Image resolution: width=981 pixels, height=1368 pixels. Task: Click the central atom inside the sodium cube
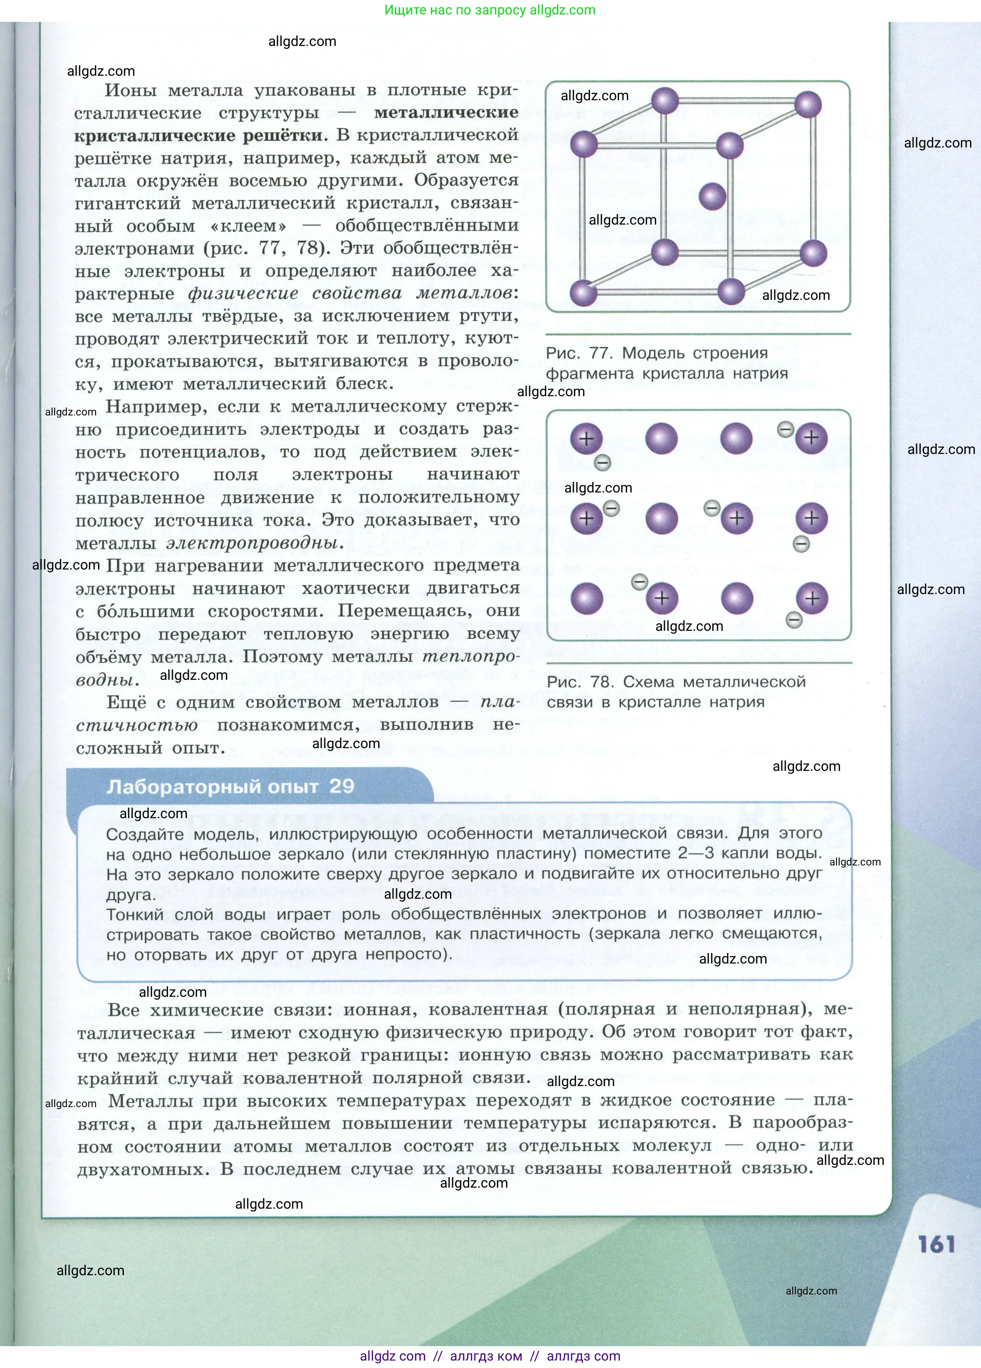[712, 197]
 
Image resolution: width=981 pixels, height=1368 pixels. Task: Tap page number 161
[936, 1245]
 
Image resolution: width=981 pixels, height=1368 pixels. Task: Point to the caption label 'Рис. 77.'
[580, 353]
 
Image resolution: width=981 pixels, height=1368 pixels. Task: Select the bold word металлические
[446, 113]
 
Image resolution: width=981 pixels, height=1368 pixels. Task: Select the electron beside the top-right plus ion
[785, 429]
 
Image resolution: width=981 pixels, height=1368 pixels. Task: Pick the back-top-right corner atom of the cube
[808, 104]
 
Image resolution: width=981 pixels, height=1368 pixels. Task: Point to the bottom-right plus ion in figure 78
[812, 598]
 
